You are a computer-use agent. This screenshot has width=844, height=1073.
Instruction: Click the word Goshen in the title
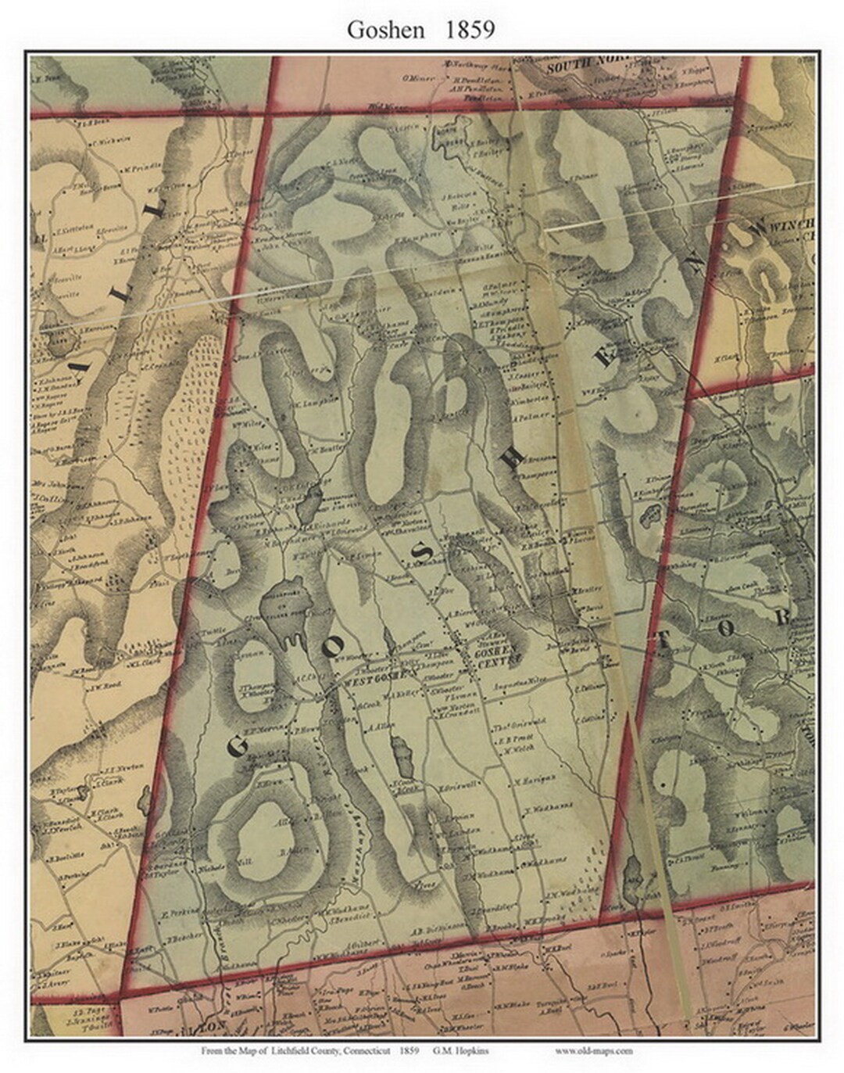coord(385,30)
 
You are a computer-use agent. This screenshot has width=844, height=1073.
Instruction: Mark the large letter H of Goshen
coord(513,460)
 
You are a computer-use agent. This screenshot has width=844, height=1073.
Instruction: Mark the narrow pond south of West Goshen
coord(404,756)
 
